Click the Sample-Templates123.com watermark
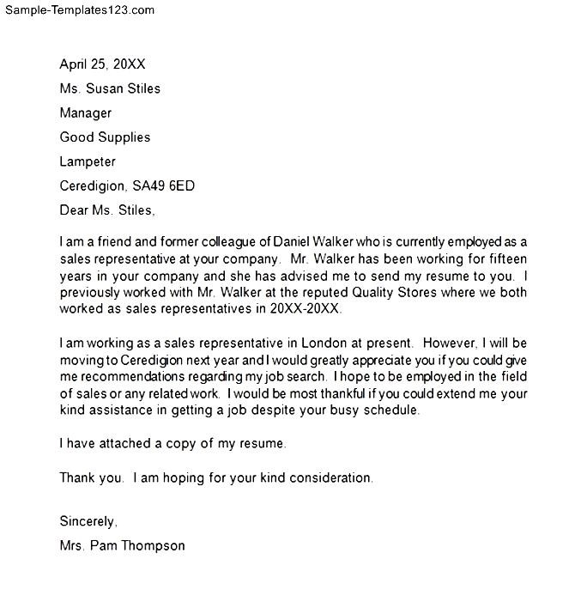[x=78, y=10]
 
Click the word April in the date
[x=75, y=64]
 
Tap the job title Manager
[x=85, y=112]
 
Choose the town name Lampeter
[x=87, y=161]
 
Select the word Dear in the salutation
[x=75, y=210]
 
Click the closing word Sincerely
[x=88, y=521]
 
